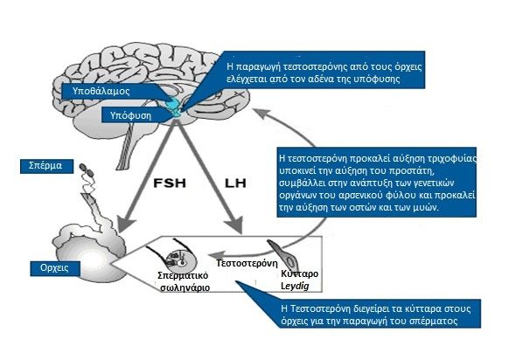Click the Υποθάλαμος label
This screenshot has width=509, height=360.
pos(101,91)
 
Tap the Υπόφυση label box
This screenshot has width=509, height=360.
pos(130,115)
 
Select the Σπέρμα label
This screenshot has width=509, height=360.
pos(46,166)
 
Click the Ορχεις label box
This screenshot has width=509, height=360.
pos(55,268)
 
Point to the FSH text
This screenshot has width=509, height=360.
pos(170,183)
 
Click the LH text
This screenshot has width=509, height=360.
pos(235,183)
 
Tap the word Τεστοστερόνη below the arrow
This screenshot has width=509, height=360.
pos(247,263)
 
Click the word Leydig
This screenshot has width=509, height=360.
pos(295,286)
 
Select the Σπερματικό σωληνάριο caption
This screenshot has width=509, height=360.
pos(184,281)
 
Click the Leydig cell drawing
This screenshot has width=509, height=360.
pos(282,253)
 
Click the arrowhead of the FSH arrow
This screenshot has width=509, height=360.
pos(126,225)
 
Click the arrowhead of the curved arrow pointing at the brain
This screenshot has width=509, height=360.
pos(261,113)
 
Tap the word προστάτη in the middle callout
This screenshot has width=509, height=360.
pos(417,170)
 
